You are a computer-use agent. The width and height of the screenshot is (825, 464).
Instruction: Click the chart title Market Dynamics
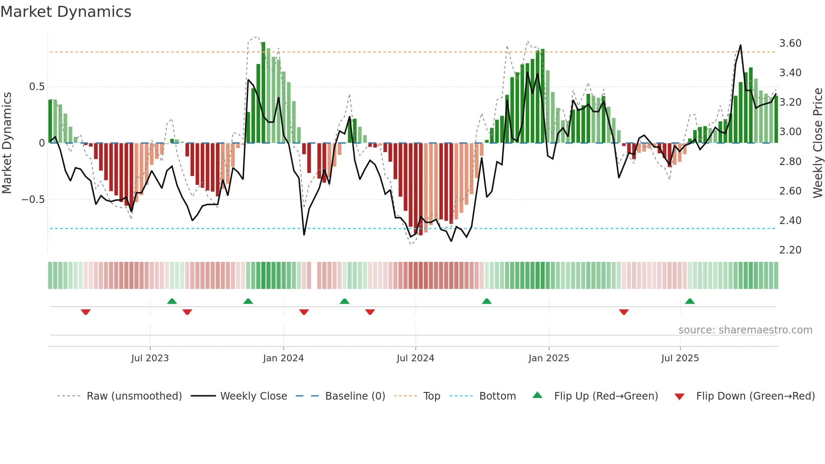tap(66, 12)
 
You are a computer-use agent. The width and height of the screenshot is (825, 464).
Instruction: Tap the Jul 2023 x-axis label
tap(150, 358)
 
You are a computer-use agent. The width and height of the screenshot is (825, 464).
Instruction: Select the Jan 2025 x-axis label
tap(548, 358)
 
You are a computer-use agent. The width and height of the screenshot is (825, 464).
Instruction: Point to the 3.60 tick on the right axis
tap(790, 43)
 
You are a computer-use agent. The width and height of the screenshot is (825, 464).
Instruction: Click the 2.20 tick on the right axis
tap(790, 250)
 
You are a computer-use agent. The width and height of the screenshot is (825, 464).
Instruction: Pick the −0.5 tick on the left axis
tap(33, 200)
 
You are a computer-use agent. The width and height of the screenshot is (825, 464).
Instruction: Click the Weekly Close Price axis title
tap(817, 143)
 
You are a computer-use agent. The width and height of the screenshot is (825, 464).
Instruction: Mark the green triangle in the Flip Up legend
tap(538, 395)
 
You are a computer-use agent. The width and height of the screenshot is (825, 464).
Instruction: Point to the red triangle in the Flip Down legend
tap(679, 397)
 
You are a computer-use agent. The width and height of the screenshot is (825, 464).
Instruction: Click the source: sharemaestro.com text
tap(745, 330)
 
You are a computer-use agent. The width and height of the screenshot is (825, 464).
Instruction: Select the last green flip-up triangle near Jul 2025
tap(689, 301)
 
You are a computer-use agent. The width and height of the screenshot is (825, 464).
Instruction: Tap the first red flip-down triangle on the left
tap(85, 312)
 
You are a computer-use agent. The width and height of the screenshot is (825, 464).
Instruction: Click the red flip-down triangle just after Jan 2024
tap(304, 312)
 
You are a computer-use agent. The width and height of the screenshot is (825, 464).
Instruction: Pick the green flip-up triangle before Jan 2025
tap(487, 301)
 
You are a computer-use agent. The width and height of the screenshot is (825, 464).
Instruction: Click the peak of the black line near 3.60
tap(740, 45)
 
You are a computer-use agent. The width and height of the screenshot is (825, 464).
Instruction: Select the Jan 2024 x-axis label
tap(283, 358)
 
